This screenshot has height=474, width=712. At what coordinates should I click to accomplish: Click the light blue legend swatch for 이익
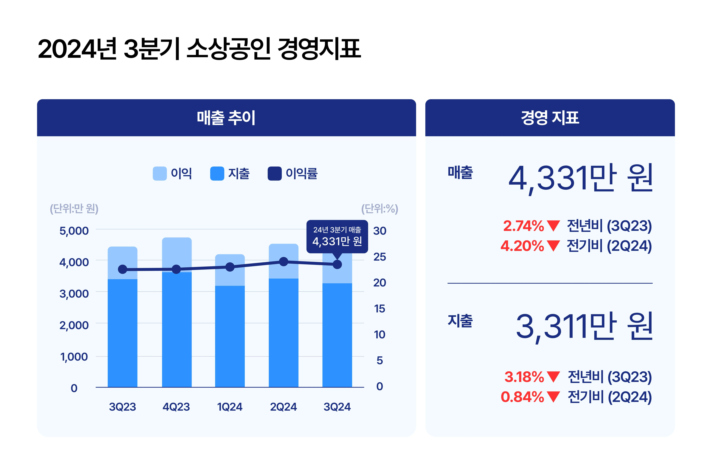160,173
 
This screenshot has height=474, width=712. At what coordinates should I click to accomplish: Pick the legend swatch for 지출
217,173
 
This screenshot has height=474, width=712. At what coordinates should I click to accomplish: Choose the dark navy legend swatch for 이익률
275,173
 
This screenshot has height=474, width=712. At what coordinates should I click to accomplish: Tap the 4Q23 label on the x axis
176,407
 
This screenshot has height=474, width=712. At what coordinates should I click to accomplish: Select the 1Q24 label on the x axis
230,407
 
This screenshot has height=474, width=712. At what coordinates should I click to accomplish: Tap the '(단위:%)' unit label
380,209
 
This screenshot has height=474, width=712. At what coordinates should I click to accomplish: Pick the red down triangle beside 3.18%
554,377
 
